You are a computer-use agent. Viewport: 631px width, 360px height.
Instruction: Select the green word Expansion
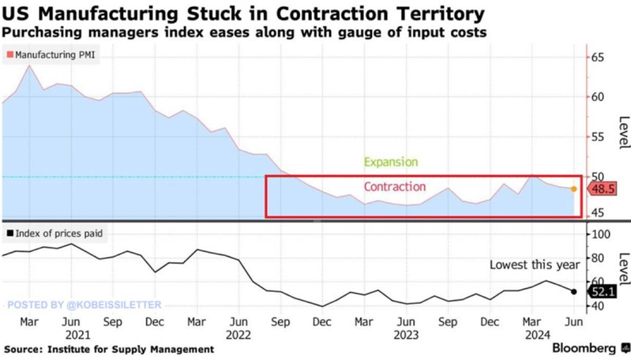click(x=390, y=162)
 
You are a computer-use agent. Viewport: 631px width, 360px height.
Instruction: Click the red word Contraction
click(x=394, y=187)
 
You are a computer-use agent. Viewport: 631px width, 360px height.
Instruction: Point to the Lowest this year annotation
click(x=535, y=264)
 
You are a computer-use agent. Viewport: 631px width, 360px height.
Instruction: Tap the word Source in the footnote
click(x=24, y=348)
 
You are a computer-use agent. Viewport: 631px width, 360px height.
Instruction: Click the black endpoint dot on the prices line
click(x=574, y=291)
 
